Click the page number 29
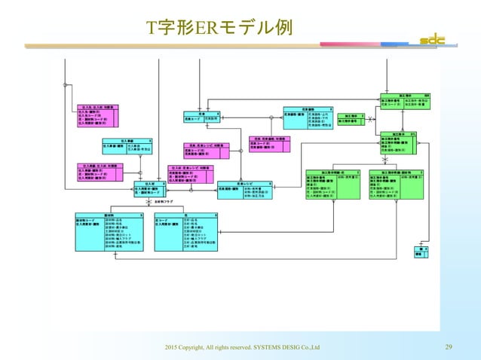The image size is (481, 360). (x=449, y=347)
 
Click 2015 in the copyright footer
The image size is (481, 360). (x=164, y=347)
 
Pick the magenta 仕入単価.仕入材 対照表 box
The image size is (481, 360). (x=96, y=172)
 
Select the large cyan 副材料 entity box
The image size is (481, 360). (x=106, y=231)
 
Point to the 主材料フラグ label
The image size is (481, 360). (x=164, y=202)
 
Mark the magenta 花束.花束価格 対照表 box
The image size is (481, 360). (x=268, y=145)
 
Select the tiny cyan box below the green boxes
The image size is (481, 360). (x=420, y=252)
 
